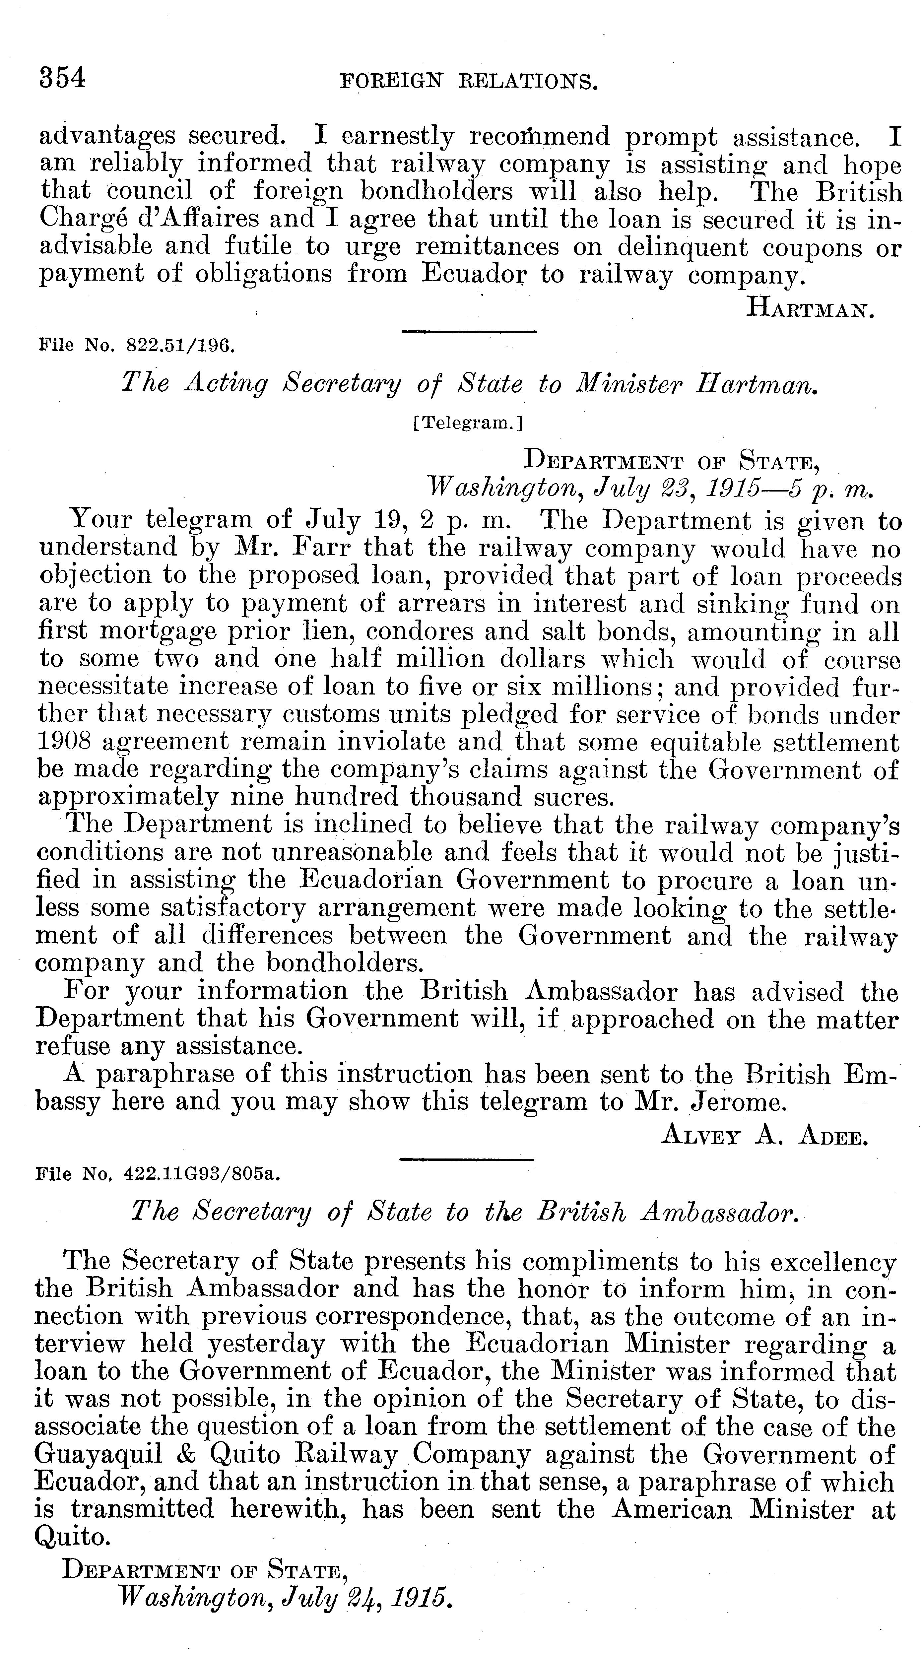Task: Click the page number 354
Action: pyautogui.click(x=62, y=78)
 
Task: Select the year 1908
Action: pyautogui.click(x=62, y=742)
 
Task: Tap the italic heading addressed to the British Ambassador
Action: pyautogui.click(x=466, y=1211)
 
